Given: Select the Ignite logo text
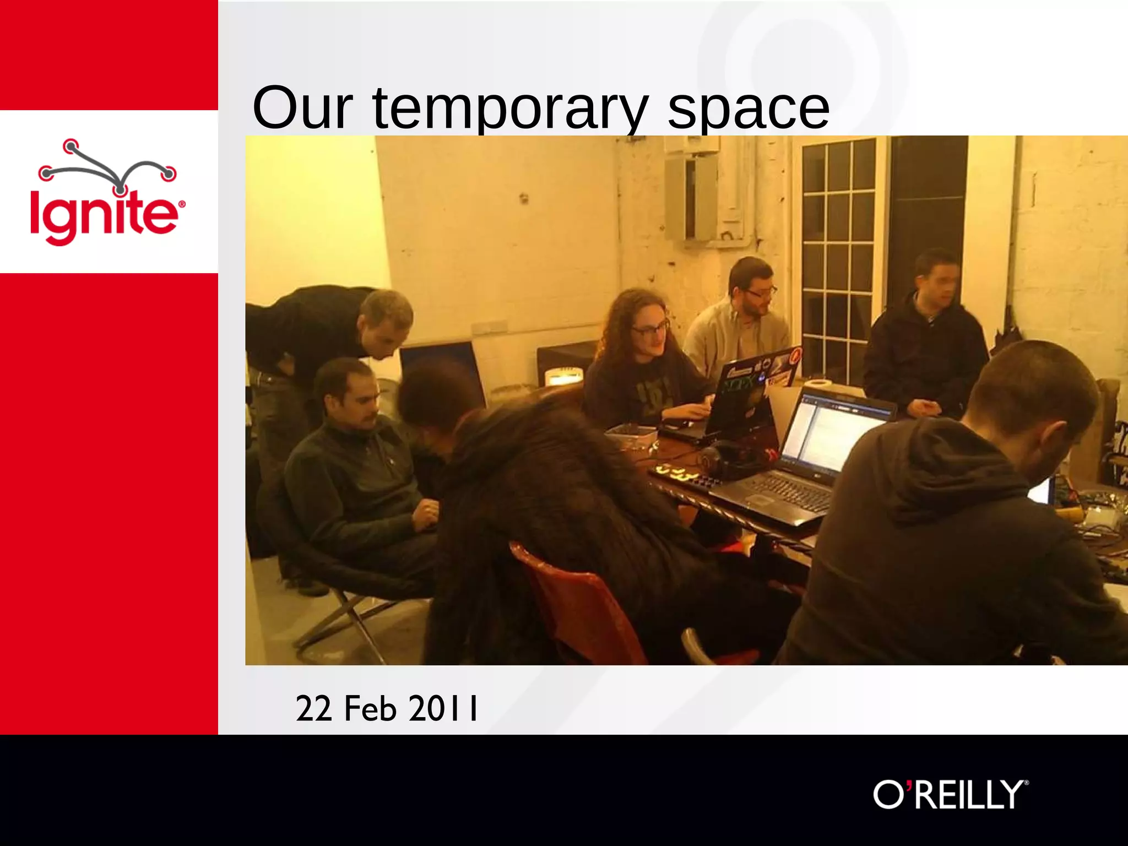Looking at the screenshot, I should [x=105, y=215].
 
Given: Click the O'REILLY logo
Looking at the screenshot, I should [x=951, y=794].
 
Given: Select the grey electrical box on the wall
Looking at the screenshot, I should [x=691, y=198].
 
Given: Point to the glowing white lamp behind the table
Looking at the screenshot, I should [x=563, y=378].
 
